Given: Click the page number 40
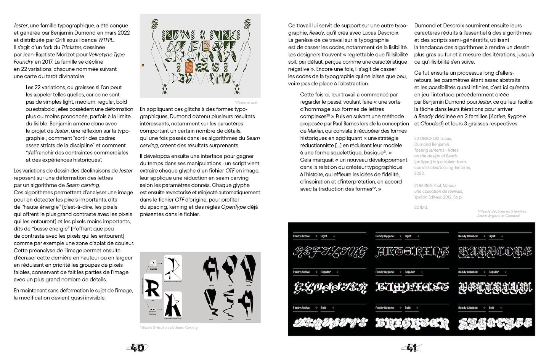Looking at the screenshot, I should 137,347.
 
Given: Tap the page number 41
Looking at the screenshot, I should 411,347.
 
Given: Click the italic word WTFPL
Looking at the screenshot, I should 106,40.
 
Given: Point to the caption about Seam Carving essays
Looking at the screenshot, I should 169,327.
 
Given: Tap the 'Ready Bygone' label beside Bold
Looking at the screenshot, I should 384,308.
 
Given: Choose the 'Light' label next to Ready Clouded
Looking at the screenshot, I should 492,236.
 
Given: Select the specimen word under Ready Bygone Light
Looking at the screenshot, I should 412,251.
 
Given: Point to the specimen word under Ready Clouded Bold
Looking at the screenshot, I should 495,323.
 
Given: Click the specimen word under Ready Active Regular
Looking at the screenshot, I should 330,288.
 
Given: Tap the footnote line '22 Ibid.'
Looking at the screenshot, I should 421,207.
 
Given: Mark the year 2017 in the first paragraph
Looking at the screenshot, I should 47,62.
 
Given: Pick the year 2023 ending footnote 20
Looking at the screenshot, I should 420,173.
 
